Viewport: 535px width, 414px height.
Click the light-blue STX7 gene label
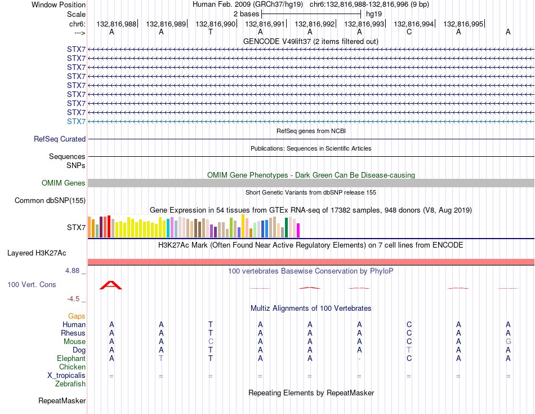click(76, 121)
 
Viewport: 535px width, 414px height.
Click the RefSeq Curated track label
click(60, 139)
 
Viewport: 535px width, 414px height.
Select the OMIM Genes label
click(64, 183)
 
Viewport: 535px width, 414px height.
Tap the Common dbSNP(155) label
click(50, 200)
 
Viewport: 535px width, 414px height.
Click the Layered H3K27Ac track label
click(37, 253)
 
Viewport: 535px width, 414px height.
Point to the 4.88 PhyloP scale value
click(72, 271)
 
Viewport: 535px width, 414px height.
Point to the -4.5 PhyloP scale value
click(73, 299)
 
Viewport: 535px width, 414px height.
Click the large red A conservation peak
click(111, 285)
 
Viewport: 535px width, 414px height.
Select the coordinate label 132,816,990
click(215, 24)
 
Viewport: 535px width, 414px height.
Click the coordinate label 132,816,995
click(463, 24)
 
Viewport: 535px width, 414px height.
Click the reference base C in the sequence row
click(409, 32)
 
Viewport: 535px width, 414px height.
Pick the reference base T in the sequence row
click(211, 32)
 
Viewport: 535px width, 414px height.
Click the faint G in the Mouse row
click(509, 342)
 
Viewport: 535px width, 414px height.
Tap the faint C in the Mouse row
click(211, 342)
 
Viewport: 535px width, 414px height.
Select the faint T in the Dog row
click(409, 350)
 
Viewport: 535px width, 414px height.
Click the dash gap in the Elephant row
click(359, 359)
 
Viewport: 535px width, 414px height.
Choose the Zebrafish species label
click(70, 384)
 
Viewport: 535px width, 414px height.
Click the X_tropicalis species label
click(66, 376)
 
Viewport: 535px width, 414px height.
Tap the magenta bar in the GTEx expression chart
click(298, 231)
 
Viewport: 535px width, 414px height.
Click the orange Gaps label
click(77, 316)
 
